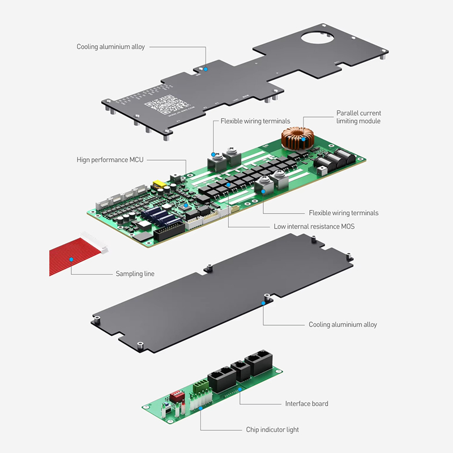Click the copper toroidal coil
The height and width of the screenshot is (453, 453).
(x=298, y=138)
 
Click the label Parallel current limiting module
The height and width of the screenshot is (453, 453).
(x=358, y=117)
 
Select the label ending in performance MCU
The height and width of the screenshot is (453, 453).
(x=110, y=160)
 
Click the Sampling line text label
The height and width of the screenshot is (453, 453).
(x=135, y=273)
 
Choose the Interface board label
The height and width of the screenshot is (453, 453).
(x=306, y=404)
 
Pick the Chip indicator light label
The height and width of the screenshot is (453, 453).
(x=272, y=430)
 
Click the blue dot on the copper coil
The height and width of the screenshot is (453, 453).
(x=304, y=138)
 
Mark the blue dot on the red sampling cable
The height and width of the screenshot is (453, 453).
(x=71, y=259)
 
